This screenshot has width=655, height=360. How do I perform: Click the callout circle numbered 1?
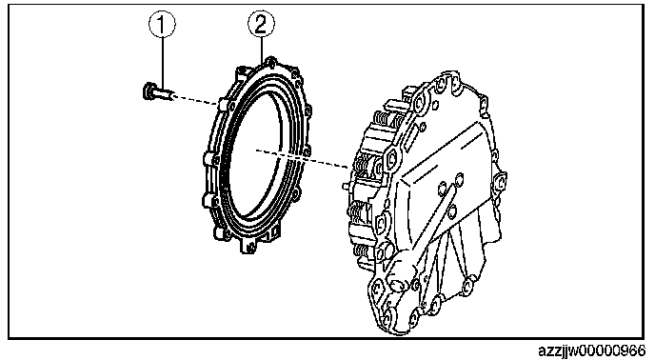(162, 24)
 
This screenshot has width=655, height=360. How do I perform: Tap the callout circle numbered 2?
(262, 24)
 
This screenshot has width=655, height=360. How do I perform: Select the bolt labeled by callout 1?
(158, 91)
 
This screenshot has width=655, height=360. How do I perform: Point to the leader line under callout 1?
(162, 62)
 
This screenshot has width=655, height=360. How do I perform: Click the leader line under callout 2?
(262, 50)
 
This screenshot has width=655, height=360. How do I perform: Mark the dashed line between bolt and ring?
(195, 99)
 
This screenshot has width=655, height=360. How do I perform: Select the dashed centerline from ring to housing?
(302, 158)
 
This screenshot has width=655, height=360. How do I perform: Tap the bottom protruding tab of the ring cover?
(248, 247)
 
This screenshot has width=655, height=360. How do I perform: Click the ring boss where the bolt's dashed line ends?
(223, 104)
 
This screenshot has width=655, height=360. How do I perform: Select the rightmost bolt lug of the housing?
(501, 182)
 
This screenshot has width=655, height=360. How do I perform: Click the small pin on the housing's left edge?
(345, 185)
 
